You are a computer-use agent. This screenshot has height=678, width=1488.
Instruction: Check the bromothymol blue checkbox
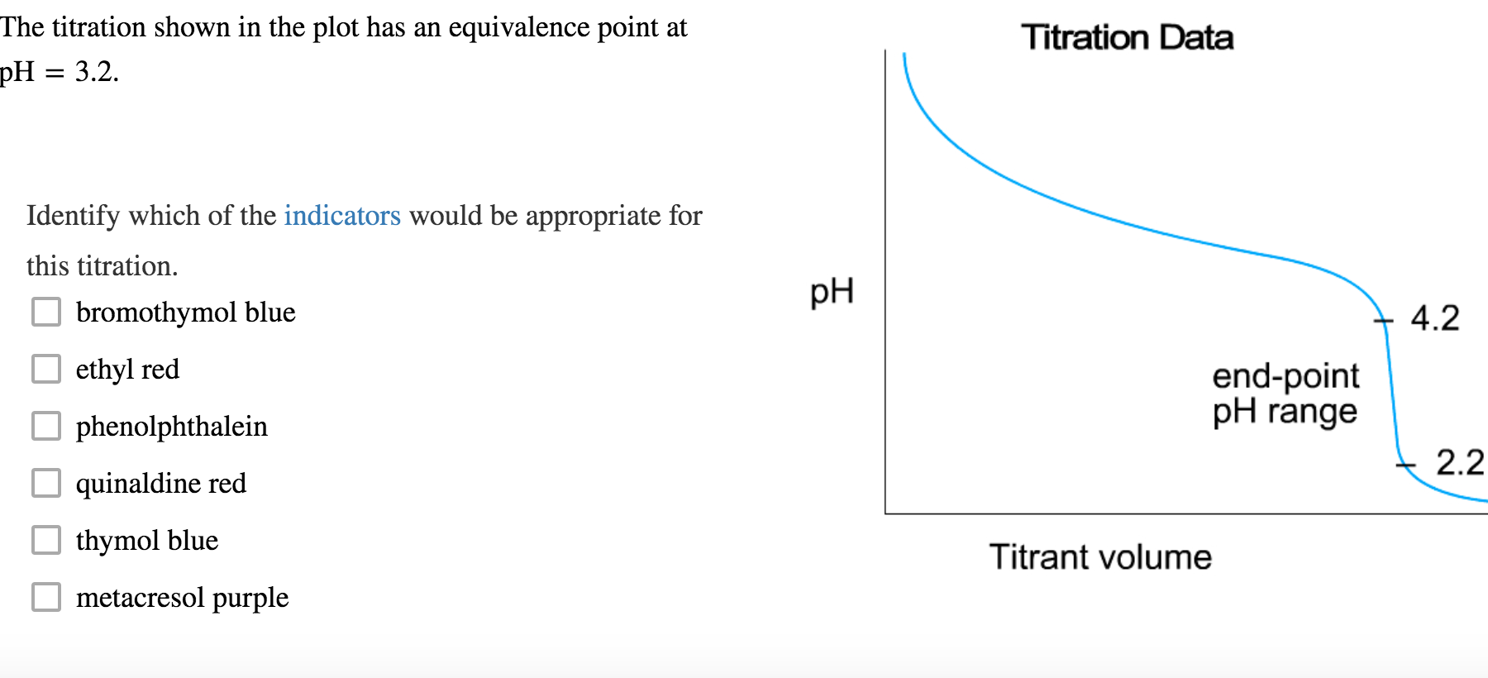click(x=46, y=313)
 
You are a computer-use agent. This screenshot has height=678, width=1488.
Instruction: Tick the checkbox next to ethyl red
click(x=46, y=369)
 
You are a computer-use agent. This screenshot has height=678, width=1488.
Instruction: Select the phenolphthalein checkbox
click(x=46, y=426)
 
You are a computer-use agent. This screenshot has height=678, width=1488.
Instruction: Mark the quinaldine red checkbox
click(x=46, y=483)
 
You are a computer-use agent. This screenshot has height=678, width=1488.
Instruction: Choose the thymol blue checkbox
click(x=46, y=540)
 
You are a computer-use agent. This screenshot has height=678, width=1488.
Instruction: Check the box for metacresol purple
click(x=46, y=597)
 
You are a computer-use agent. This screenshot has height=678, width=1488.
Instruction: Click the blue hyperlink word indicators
click(x=342, y=216)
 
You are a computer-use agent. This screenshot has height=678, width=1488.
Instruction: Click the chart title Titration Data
click(x=1127, y=38)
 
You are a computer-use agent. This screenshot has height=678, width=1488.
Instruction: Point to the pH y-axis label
click(x=832, y=291)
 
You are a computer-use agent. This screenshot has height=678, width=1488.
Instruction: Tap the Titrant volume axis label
click(x=1100, y=557)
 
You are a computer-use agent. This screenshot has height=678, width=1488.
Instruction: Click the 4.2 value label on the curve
click(x=1435, y=318)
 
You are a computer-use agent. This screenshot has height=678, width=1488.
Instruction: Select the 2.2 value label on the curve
click(x=1460, y=462)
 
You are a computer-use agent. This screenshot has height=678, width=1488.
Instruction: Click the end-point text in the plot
click(x=1285, y=376)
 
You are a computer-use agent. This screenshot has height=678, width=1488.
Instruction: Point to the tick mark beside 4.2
click(x=1383, y=320)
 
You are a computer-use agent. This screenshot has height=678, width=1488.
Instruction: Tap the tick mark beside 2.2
click(x=1405, y=466)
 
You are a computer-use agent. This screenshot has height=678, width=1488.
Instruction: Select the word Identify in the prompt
click(x=74, y=216)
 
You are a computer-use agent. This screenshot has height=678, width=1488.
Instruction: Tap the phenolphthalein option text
click(x=172, y=427)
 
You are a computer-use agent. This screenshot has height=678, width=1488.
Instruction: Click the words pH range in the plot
click(x=1285, y=412)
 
